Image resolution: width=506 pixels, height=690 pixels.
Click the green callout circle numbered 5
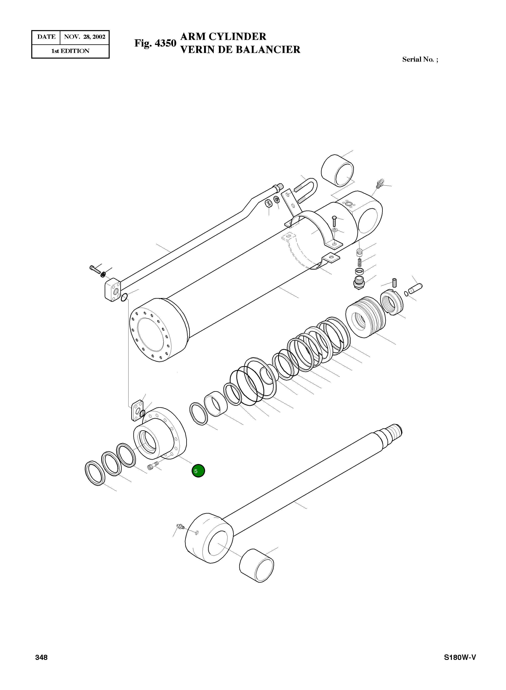tap(198, 470)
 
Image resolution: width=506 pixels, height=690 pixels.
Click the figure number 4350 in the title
tap(166, 43)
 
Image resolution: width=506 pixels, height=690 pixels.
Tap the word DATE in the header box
tap(46, 37)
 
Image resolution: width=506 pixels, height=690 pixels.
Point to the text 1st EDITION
tap(70, 51)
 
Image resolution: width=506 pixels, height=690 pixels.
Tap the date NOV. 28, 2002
tap(85, 37)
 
